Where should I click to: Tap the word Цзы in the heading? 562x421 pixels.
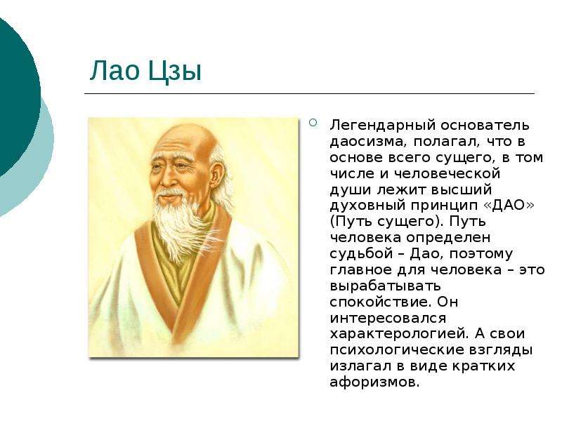click(x=174, y=72)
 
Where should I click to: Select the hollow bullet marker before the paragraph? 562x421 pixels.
click(x=313, y=123)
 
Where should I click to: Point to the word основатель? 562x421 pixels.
click(x=485, y=126)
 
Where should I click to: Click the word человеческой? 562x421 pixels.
click(x=447, y=174)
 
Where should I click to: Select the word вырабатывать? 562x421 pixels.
click(x=385, y=286)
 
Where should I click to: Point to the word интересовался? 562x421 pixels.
click(x=388, y=319)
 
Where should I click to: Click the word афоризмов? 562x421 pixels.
click(x=374, y=382)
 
